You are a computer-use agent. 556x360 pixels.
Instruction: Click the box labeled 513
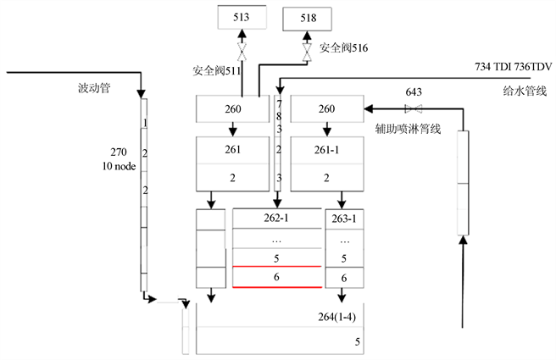pyautogui.click(x=241, y=16)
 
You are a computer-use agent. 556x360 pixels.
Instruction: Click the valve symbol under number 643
pyautogui.click(x=414, y=108)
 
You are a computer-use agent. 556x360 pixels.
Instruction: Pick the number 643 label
pyautogui.click(x=414, y=91)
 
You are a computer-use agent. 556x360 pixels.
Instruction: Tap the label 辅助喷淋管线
pyautogui.click(x=409, y=130)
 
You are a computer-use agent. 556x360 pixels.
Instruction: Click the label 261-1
pyautogui.click(x=327, y=150)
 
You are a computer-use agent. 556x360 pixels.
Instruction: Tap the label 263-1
pyautogui.click(x=343, y=218)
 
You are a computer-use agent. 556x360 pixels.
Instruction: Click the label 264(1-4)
pyautogui.click(x=336, y=317)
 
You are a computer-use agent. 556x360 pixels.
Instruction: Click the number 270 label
pyautogui.click(x=118, y=153)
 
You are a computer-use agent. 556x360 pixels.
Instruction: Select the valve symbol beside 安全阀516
pyautogui.click(x=306, y=51)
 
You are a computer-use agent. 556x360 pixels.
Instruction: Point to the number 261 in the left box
pyautogui.click(x=232, y=150)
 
